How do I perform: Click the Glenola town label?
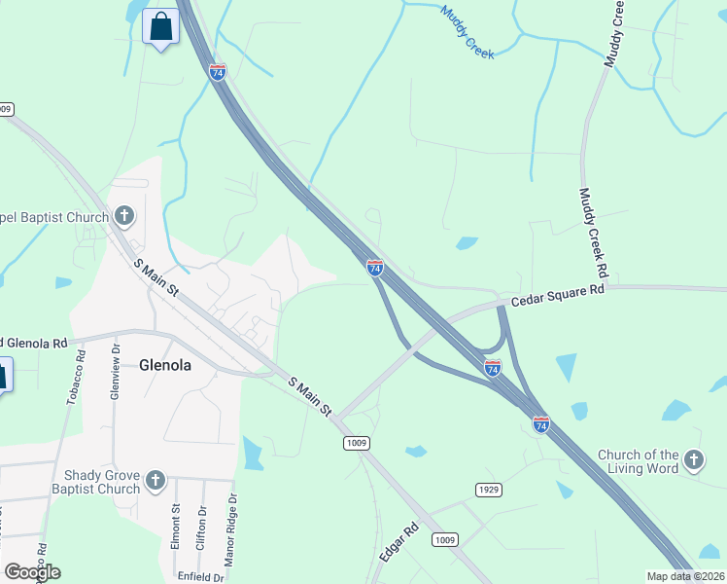pos(164,366)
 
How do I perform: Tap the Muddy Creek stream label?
pos(467,32)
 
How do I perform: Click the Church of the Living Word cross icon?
pos(693,459)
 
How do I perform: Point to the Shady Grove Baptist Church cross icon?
pos(155,480)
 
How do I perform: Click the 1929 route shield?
pos(488,489)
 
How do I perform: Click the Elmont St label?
pos(176,527)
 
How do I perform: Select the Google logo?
pos(32,572)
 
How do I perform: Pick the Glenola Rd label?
pos(35,343)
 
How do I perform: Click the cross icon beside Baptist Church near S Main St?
pos(123,215)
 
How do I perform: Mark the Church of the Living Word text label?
pos(638,461)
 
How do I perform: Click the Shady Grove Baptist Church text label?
pos(102,482)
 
